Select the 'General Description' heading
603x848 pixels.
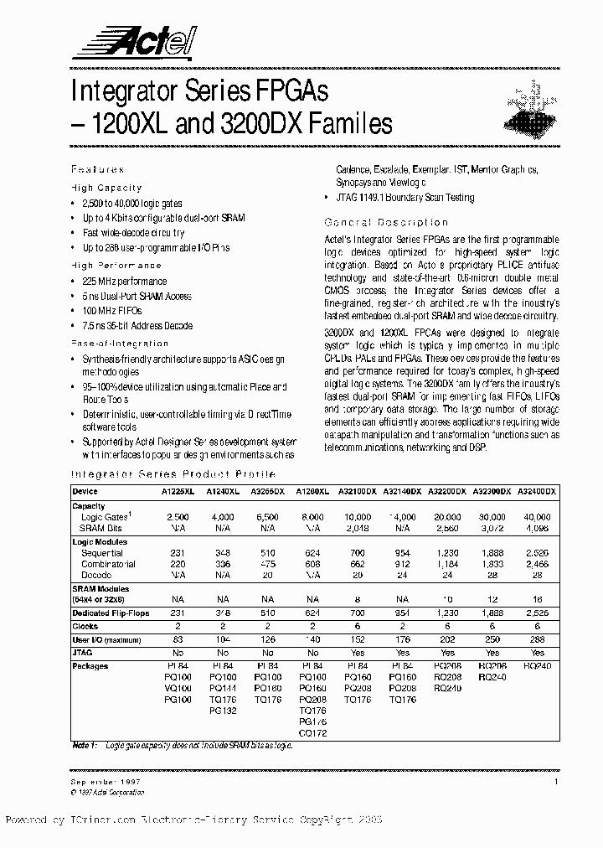385,222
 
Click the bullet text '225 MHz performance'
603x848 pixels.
125,282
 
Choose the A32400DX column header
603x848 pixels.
536,491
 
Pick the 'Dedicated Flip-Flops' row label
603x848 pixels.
111,614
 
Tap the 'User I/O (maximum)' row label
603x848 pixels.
107,639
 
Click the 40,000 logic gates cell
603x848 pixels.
537,517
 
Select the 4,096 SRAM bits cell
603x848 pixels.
537,528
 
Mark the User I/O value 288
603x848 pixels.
537,639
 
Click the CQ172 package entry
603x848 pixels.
312,733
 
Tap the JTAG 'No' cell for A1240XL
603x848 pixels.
223,653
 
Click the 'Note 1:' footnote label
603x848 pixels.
85,745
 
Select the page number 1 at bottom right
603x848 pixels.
555,781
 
